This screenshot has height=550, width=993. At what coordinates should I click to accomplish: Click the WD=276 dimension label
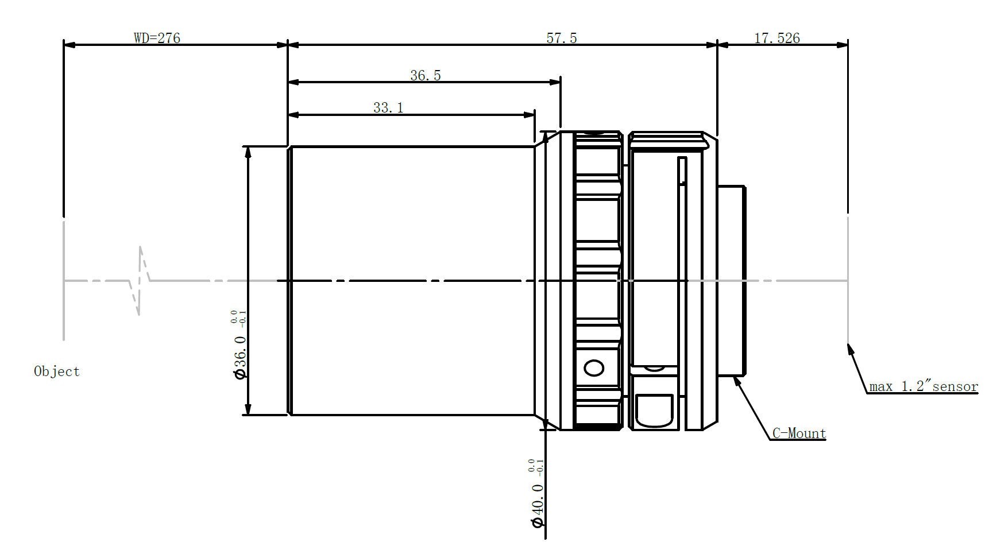point(157,38)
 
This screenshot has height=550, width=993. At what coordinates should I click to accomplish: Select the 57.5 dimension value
point(561,38)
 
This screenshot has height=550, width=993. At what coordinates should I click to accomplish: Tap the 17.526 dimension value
point(776,38)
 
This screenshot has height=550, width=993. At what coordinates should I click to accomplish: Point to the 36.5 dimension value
point(425,75)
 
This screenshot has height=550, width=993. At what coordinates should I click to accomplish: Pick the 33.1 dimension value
point(388,107)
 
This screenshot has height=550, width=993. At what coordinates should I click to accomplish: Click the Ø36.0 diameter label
point(240,357)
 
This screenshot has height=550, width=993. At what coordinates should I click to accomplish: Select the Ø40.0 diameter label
point(537,505)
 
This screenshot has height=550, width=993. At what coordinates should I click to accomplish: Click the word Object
point(57,371)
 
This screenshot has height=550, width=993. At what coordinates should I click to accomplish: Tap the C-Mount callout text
point(799,433)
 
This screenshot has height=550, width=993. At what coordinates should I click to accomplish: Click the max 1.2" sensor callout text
point(924,386)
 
